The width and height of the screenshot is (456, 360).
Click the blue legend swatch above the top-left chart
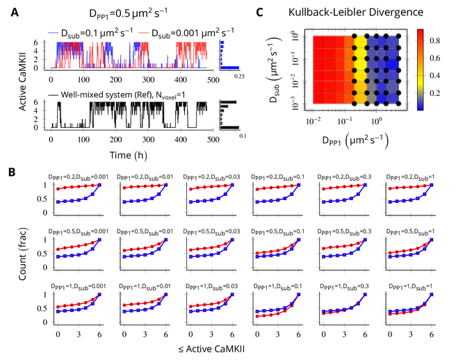click(x=54, y=33)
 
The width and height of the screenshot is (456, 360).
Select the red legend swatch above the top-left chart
click(x=144, y=33)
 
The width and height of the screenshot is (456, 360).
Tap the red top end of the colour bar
click(x=420, y=33)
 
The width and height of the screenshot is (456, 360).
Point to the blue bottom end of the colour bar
click(x=420, y=106)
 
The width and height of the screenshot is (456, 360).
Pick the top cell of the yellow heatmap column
click(x=361, y=40)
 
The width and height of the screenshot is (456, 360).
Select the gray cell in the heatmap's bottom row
click(x=371, y=99)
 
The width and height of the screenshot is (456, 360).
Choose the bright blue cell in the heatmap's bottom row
click(x=382, y=99)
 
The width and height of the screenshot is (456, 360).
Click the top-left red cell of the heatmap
click(x=318, y=40)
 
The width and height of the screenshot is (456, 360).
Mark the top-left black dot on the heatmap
click(x=355, y=36)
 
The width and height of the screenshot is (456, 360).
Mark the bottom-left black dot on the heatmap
click(x=355, y=104)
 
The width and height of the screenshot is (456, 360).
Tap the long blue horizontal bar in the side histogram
click(x=229, y=67)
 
